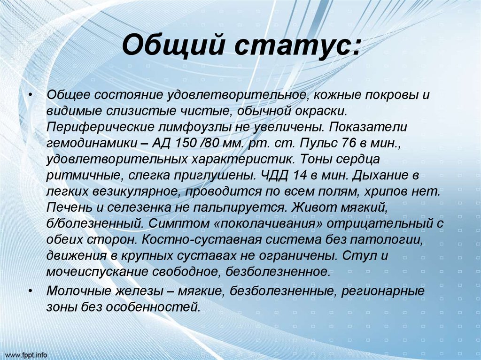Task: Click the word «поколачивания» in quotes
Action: point(269,224)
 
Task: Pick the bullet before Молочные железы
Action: point(31,291)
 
